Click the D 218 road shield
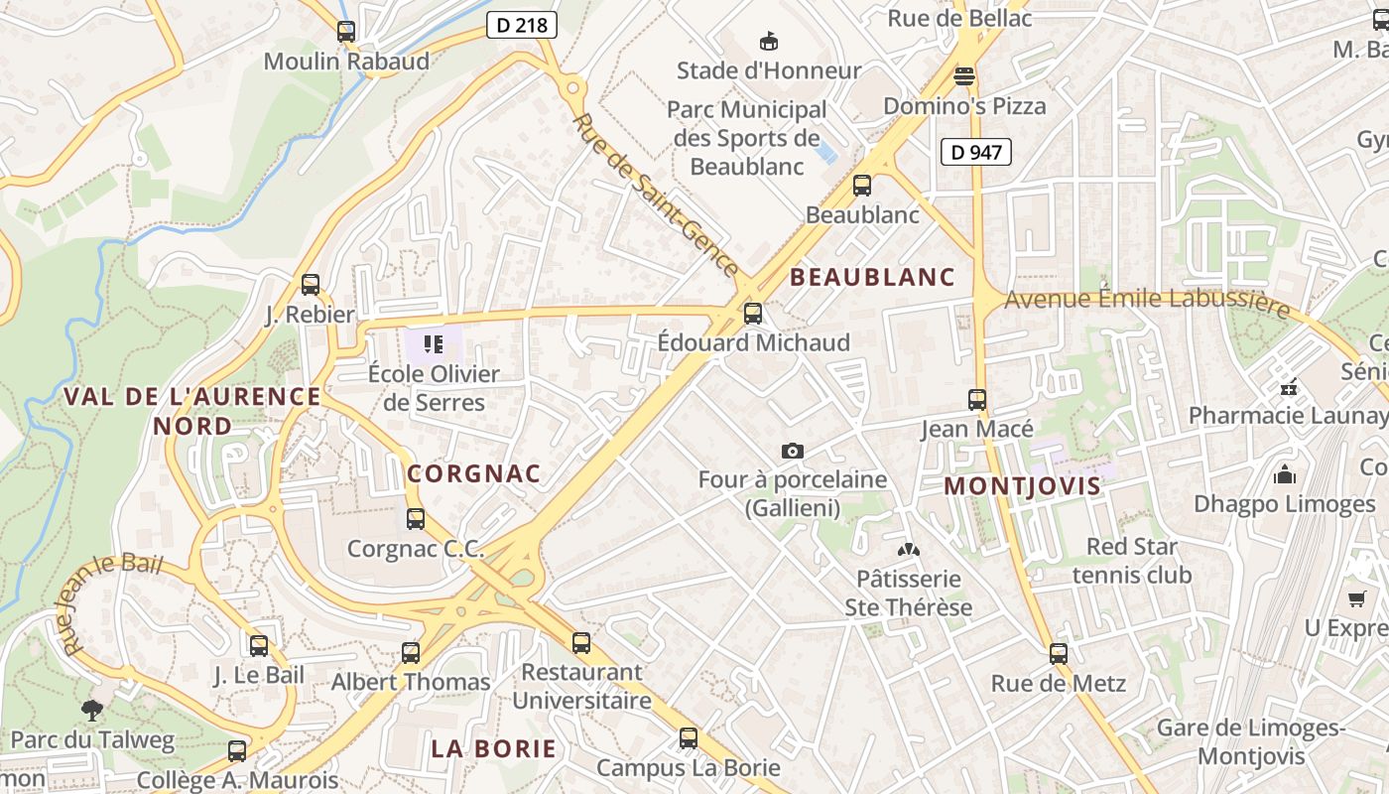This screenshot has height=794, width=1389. pyautogui.click(x=522, y=25)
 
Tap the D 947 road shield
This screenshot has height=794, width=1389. pyautogui.click(x=975, y=152)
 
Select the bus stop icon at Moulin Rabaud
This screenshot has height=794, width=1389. pyautogui.click(x=346, y=32)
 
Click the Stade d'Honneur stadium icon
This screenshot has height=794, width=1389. pyautogui.click(x=768, y=41)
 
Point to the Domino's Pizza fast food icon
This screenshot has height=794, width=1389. pyautogui.click(x=964, y=75)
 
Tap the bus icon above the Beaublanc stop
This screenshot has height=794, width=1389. pyautogui.click(x=862, y=186)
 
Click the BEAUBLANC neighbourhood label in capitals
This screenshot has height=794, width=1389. pyautogui.click(x=872, y=278)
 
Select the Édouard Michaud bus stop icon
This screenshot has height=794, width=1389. pyautogui.click(x=753, y=314)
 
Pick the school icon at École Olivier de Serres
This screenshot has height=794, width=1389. pyautogui.click(x=434, y=344)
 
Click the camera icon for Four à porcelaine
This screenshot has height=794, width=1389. pyautogui.click(x=792, y=452)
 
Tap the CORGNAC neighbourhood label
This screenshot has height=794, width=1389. pyautogui.click(x=474, y=473)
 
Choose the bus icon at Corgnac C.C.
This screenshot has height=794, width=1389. pyautogui.click(x=416, y=519)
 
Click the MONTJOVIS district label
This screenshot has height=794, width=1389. pyautogui.click(x=1022, y=486)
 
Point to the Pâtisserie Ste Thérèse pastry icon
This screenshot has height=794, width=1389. pyautogui.click(x=908, y=549)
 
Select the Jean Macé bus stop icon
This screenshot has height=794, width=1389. pyautogui.click(x=977, y=400)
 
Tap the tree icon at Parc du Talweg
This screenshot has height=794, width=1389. pyautogui.click(x=92, y=710)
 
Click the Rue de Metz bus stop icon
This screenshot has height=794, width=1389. pyautogui.click(x=1059, y=654)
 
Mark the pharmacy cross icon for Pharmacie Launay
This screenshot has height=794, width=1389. pyautogui.click(x=1289, y=386)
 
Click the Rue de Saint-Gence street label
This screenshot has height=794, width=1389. pyautogui.click(x=657, y=196)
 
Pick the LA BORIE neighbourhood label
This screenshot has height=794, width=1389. pyautogui.click(x=494, y=748)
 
